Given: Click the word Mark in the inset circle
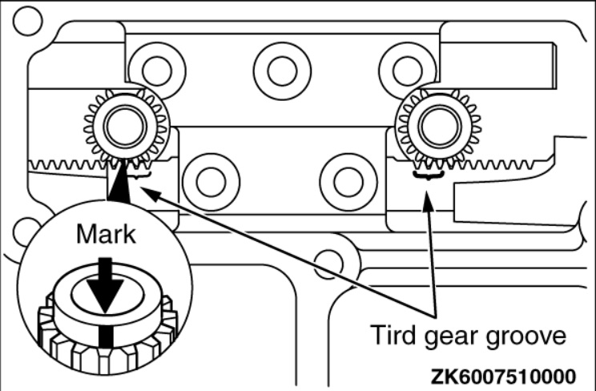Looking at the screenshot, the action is click(106, 234).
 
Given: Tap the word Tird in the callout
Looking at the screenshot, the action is click(393, 335).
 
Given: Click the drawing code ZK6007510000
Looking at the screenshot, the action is click(503, 377).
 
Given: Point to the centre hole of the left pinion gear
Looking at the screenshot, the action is click(125, 127).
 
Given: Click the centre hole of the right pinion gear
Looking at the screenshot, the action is click(440, 127).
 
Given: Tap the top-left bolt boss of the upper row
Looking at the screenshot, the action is click(156, 71).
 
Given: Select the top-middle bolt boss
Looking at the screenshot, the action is click(283, 71).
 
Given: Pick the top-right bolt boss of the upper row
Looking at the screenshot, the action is click(408, 71).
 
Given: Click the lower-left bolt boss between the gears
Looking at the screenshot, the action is click(211, 182).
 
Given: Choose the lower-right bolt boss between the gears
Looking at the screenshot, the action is click(348, 182).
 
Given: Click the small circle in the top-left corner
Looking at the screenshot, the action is click(28, 21).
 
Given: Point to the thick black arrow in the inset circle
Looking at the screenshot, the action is click(105, 284).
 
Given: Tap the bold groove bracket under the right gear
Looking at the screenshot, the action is click(429, 175).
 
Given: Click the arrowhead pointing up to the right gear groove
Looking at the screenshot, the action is click(429, 202).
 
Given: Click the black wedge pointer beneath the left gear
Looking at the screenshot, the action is click(119, 180).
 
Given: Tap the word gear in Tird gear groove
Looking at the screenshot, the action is click(451, 337).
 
